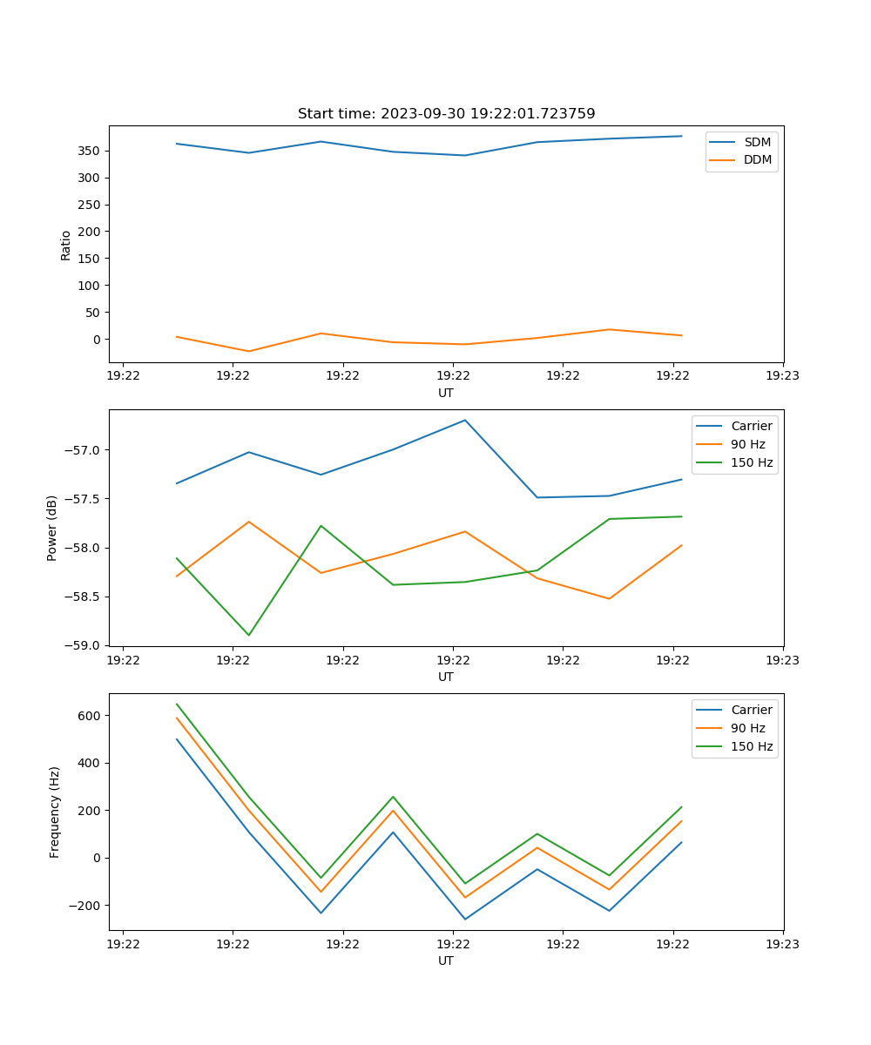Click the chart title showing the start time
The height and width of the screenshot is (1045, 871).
click(x=446, y=114)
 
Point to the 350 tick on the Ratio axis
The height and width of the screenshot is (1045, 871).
click(x=87, y=151)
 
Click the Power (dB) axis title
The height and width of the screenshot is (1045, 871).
click(x=52, y=528)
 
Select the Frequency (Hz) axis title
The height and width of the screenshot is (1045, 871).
click(x=55, y=812)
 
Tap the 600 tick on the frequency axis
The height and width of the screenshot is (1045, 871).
click(x=90, y=716)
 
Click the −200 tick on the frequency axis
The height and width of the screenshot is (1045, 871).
click(x=84, y=905)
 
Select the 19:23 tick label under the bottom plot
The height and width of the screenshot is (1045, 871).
click(x=783, y=944)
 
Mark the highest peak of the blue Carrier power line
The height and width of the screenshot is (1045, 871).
click(x=465, y=420)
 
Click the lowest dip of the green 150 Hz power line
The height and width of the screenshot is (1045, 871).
click(x=249, y=635)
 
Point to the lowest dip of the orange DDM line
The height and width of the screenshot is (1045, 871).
click(x=249, y=351)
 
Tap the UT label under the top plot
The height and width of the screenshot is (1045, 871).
click(x=446, y=393)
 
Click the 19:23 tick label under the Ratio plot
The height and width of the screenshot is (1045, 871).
click(x=783, y=376)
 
